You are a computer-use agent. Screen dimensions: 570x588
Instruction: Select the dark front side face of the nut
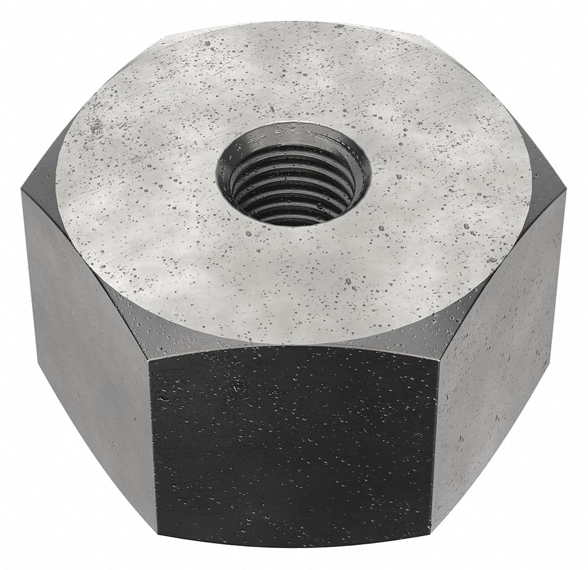coord(293,444)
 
